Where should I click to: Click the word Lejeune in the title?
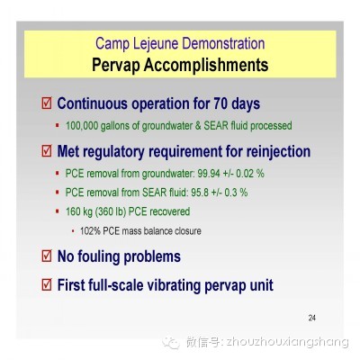click(156, 44)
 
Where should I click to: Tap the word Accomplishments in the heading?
click(206, 65)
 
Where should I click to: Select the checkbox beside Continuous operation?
click(47, 103)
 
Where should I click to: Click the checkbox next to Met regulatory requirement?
click(47, 151)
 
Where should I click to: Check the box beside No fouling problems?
click(47, 256)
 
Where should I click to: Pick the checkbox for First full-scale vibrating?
click(47, 284)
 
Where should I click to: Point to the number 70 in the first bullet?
click(220, 103)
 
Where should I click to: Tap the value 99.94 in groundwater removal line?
click(209, 174)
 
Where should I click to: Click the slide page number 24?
click(312, 318)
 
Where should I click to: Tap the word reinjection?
click(278, 151)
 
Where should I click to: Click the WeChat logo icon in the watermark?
click(171, 342)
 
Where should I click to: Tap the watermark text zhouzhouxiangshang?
click(287, 342)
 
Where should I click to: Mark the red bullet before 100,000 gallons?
click(58, 125)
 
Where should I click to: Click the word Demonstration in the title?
click(223, 44)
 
